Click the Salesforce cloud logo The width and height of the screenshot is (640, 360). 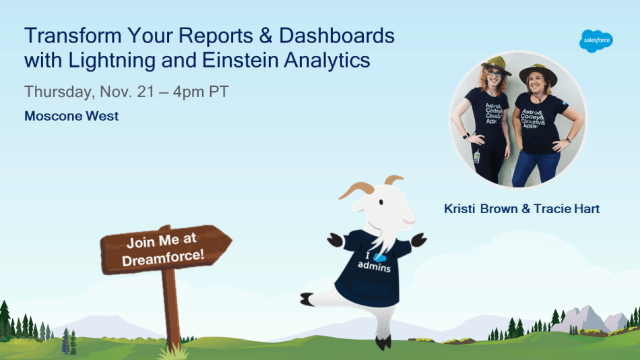click(x=596, y=41)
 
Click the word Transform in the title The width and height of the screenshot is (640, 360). click(x=73, y=36)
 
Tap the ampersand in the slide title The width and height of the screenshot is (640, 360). click(x=265, y=36)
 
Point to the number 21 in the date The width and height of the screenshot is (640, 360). click(x=146, y=92)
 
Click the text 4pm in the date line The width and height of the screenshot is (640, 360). click(x=189, y=92)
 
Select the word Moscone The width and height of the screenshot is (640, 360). click(x=53, y=116)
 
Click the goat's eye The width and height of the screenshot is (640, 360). click(x=381, y=202)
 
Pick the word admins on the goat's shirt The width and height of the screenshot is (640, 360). click(x=375, y=266)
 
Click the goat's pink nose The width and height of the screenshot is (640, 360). click(x=409, y=222)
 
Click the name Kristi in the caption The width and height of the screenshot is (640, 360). click(x=459, y=209)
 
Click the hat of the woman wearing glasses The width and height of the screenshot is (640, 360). click(x=496, y=65)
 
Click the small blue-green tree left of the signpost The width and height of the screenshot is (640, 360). click(x=66, y=340)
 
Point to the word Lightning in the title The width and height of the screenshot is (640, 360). click(x=112, y=61)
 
